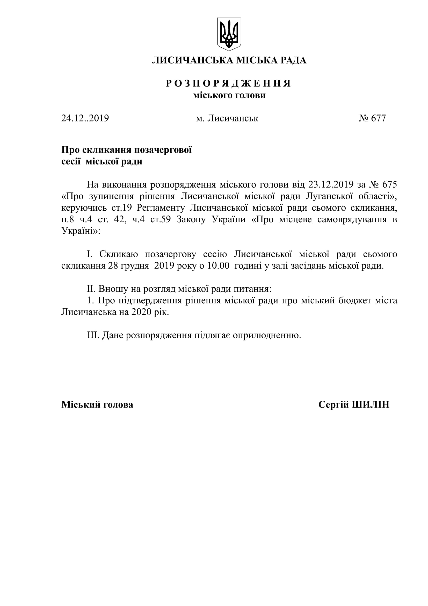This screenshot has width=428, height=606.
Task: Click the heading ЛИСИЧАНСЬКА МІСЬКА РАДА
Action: point(229,60)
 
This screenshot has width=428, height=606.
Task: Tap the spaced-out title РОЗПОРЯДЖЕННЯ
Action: point(228,83)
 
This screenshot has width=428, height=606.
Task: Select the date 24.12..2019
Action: point(85,118)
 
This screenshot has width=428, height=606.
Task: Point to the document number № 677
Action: point(372,118)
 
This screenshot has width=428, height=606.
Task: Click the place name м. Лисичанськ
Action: point(227,118)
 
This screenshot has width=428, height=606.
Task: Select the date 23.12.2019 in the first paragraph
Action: point(331,184)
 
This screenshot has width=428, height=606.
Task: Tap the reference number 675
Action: point(389,184)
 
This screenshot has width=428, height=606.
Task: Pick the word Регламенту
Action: point(161,208)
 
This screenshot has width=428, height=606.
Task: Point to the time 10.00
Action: point(218,266)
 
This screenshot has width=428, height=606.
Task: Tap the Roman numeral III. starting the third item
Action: point(93,335)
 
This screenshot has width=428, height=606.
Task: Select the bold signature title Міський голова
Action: point(97,405)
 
